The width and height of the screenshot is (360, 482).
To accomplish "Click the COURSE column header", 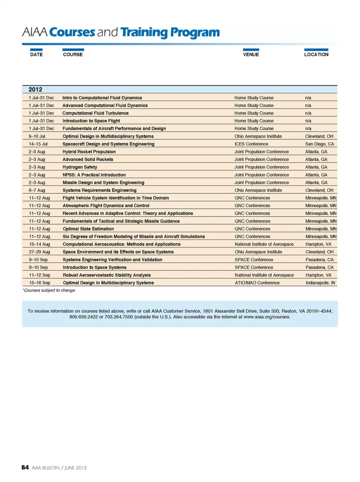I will [x=73, y=54].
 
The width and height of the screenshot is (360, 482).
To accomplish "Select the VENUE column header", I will [x=251, y=54].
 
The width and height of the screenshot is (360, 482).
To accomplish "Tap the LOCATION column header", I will [x=316, y=54].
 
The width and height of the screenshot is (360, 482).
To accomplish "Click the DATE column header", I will [x=36, y=54].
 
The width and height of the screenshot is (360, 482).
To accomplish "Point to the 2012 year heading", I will [x=35, y=89].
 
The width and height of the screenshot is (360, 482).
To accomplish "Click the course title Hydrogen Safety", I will [x=80, y=167].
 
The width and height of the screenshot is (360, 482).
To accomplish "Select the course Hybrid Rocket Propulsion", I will [x=89, y=152].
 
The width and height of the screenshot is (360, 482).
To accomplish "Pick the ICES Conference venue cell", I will [x=251, y=144].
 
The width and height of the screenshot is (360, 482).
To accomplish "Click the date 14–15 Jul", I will [x=38, y=144].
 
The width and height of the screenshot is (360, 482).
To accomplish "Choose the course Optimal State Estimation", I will [x=88, y=229].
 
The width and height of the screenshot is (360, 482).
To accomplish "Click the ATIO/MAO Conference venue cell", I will [x=257, y=283].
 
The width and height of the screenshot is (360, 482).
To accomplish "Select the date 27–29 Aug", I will [x=39, y=252].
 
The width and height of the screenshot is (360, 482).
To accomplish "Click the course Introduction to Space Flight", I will [x=91, y=121].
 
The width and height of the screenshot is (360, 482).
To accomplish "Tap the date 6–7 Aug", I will [x=37, y=190].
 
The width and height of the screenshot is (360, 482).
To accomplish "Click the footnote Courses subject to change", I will [x=49, y=290].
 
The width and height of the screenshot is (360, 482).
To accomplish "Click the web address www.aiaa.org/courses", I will [x=267, y=317].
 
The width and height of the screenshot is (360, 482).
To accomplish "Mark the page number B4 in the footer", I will [x=25, y=467].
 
